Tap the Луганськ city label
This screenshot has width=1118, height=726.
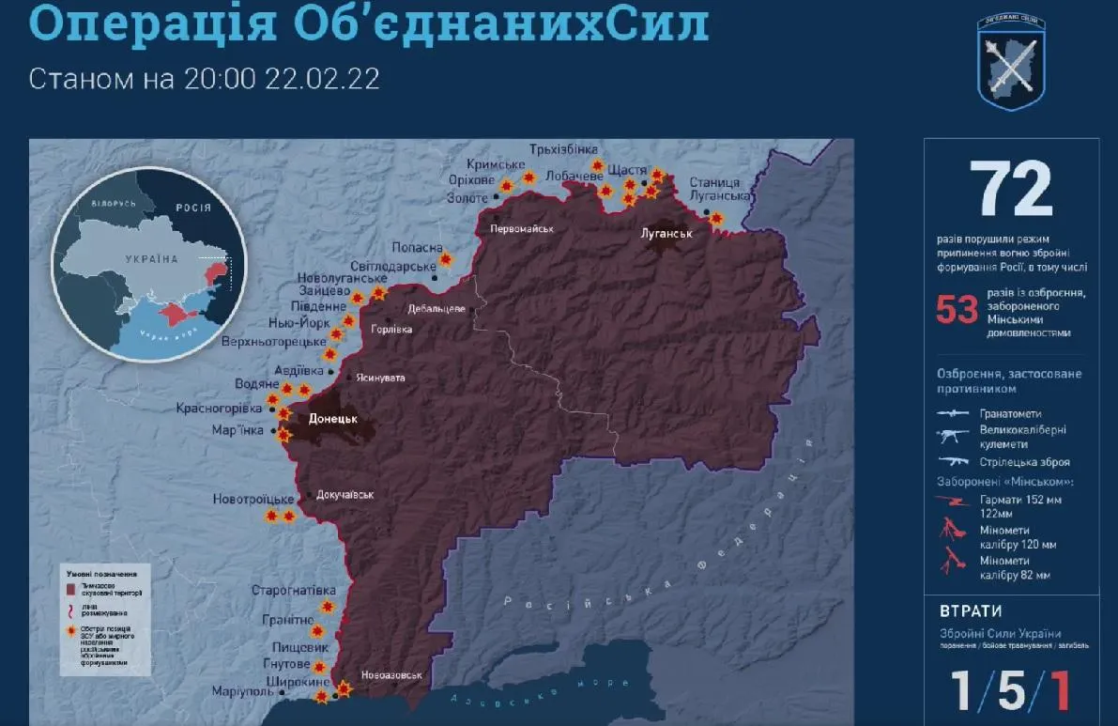click(666, 233)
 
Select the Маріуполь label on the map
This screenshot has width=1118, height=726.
click(242, 692)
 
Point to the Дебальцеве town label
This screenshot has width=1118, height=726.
click(436, 309)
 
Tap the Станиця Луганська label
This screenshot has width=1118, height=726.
click(719, 189)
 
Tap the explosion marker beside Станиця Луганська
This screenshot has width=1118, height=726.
click(716, 219)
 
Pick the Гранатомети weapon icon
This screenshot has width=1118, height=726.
click(953, 413)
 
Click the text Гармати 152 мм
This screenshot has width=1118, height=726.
click(1020, 500)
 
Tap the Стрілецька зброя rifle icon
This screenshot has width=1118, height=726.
click(953, 461)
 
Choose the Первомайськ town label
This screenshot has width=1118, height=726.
click(523, 228)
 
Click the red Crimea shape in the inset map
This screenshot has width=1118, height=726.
click(171, 312)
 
